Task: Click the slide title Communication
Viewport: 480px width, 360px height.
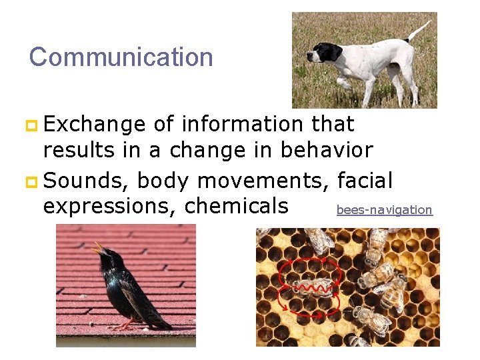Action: (121, 57)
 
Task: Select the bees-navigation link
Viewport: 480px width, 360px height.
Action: (384, 210)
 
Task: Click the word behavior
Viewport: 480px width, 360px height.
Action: (326, 151)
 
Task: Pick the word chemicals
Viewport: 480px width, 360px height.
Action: (236, 206)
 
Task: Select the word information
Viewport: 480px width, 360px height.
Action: (242, 124)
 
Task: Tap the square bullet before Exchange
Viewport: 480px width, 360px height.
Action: (33, 125)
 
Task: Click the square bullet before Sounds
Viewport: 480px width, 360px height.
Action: (33, 181)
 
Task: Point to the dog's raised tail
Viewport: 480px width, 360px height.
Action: (419, 29)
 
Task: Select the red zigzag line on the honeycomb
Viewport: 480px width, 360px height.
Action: (314, 289)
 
